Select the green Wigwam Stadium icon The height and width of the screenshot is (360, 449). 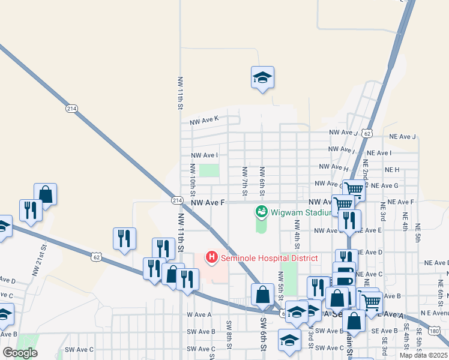coord(262,211)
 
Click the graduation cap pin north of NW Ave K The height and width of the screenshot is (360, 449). coord(262,77)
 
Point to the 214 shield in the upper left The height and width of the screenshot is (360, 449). coord(72,109)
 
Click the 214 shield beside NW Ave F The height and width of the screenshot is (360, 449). coord(176,200)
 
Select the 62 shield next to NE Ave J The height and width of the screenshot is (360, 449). coord(367,133)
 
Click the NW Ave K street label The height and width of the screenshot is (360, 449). coord(204,120)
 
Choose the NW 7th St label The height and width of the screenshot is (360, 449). coord(244,181)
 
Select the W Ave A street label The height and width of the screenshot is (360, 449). coord(199,314)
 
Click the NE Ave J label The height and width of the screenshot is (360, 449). coord(402,137)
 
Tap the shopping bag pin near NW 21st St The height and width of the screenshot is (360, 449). coord(46,194)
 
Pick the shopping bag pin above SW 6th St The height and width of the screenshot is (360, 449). coord(262,295)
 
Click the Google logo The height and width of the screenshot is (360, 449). coord(20,353)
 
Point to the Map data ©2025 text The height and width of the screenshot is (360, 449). coord(423,355)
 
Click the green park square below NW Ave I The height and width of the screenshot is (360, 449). coord(209,170)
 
